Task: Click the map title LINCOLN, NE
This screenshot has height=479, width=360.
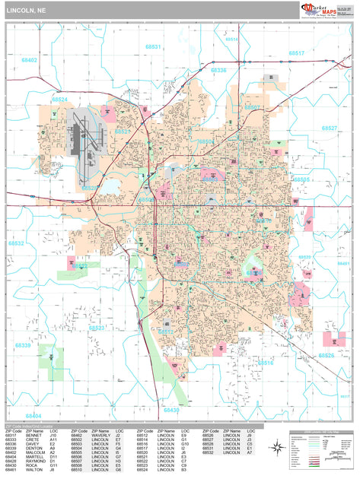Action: tap(26, 11)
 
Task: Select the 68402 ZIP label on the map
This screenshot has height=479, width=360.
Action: tap(30, 59)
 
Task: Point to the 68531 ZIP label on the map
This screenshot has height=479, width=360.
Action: tap(153, 47)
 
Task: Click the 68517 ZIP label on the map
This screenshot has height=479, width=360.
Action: tap(296, 53)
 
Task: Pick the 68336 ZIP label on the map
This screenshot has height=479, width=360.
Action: tap(218, 70)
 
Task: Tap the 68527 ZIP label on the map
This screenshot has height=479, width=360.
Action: tap(330, 128)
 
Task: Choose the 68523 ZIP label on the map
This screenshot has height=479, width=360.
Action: tap(96, 328)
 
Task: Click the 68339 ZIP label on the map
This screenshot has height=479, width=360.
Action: tap(24, 345)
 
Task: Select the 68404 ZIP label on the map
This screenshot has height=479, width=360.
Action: tap(33, 416)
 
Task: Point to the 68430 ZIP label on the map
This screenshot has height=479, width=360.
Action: tap(171, 411)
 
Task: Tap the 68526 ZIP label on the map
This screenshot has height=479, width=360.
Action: tap(327, 356)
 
